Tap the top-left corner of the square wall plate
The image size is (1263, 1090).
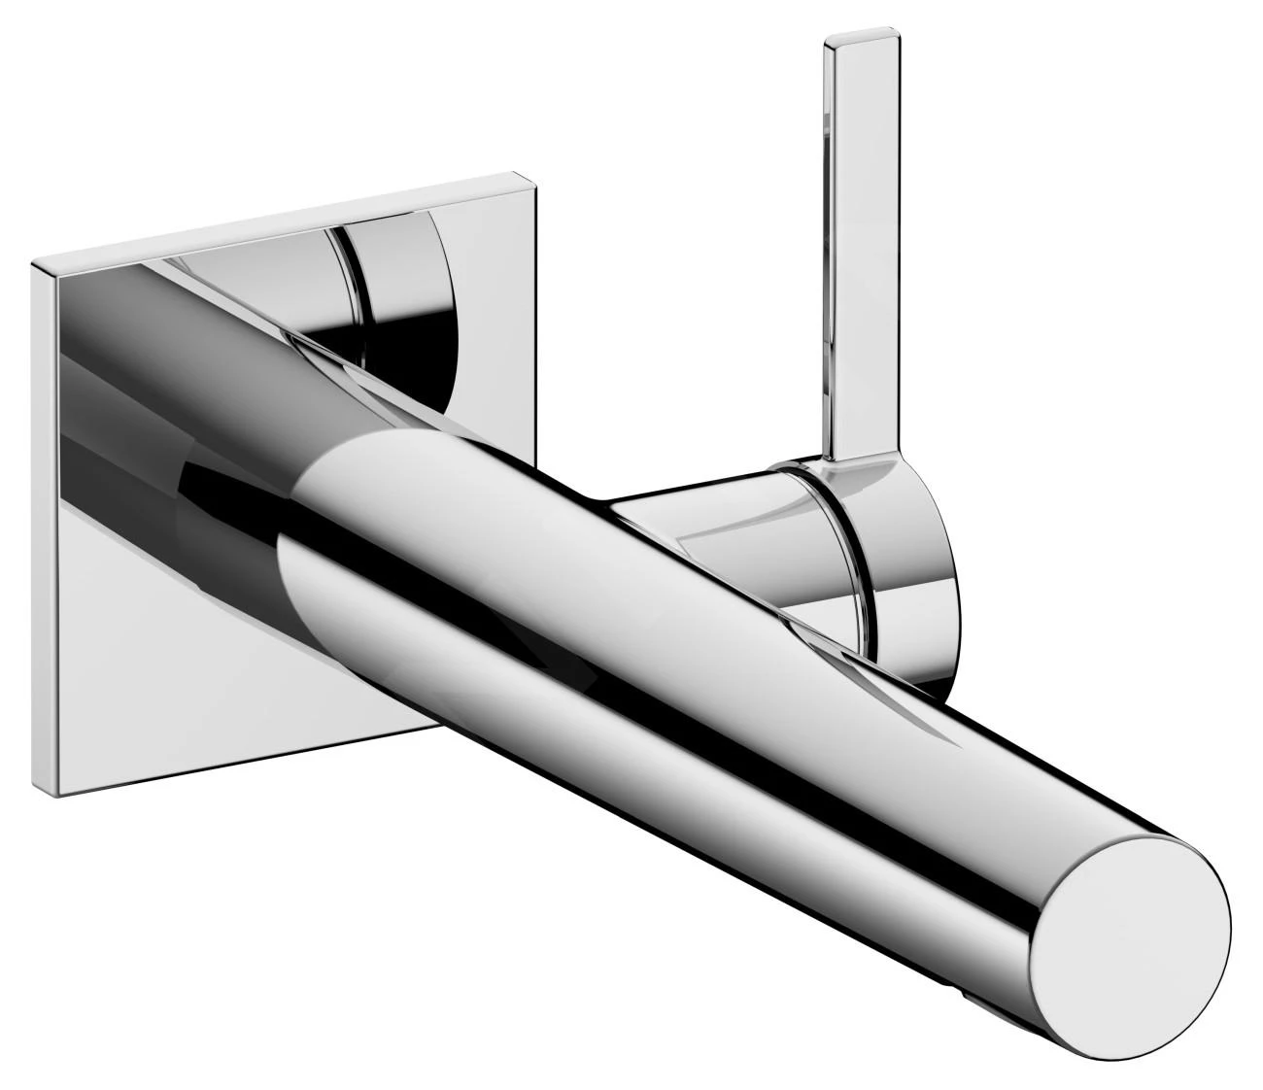coord(34,262)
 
